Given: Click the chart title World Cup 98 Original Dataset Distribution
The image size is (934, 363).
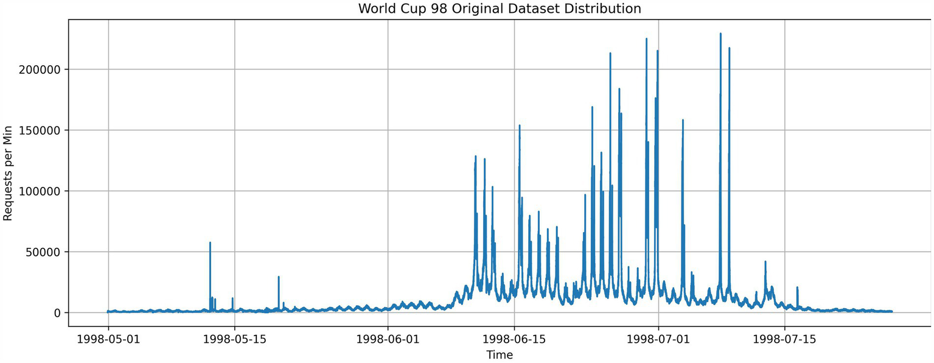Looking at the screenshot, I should (x=499, y=9).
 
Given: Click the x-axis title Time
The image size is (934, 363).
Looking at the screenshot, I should (x=499, y=355).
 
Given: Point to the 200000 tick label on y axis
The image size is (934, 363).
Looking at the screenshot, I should (x=41, y=69).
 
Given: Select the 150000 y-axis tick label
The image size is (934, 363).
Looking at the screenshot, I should (x=41, y=130).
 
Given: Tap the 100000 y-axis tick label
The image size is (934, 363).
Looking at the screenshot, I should (x=41, y=191).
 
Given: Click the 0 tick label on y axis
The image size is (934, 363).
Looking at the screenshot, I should (x=58, y=313).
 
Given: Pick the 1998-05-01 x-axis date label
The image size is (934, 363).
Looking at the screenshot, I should (x=108, y=339).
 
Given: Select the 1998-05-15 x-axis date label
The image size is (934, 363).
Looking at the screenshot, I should (x=234, y=339).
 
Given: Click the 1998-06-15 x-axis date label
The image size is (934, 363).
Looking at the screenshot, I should (x=514, y=339).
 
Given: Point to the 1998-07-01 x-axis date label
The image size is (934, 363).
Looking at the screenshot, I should (x=658, y=339).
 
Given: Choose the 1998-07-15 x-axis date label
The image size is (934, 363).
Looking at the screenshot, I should (x=784, y=339).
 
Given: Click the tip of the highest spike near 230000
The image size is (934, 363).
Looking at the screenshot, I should (x=720, y=34).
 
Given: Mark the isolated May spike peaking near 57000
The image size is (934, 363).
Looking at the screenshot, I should (x=210, y=243).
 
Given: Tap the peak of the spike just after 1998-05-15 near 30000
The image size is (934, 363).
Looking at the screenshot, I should (x=279, y=277).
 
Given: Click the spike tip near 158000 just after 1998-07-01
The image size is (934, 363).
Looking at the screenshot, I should (x=683, y=121).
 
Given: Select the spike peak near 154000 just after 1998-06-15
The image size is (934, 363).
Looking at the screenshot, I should (x=519, y=125).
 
